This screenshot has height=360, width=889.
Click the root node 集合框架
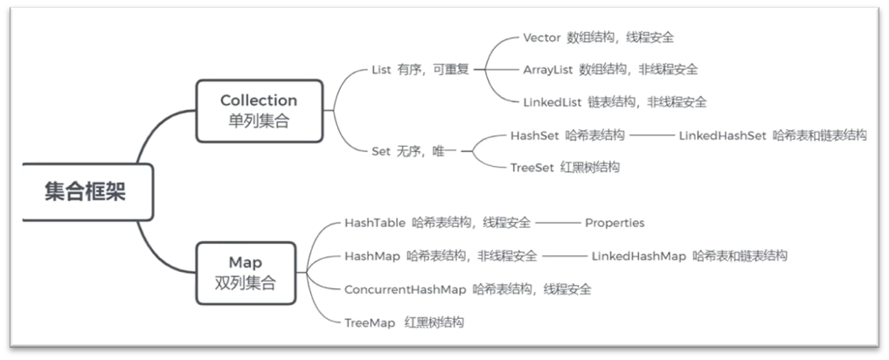point(84,192)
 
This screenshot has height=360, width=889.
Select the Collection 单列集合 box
point(258,111)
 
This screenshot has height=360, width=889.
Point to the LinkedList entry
point(552,101)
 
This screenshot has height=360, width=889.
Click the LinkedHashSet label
point(723,135)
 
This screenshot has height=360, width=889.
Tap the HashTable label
point(374,223)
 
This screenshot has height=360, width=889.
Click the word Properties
point(615,223)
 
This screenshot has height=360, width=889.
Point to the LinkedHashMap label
point(638,256)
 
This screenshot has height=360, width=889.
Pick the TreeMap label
point(370,322)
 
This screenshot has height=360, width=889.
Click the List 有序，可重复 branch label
point(420,70)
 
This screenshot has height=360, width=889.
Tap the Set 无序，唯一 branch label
point(415,151)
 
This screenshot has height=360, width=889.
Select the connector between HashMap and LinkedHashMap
point(564,256)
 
